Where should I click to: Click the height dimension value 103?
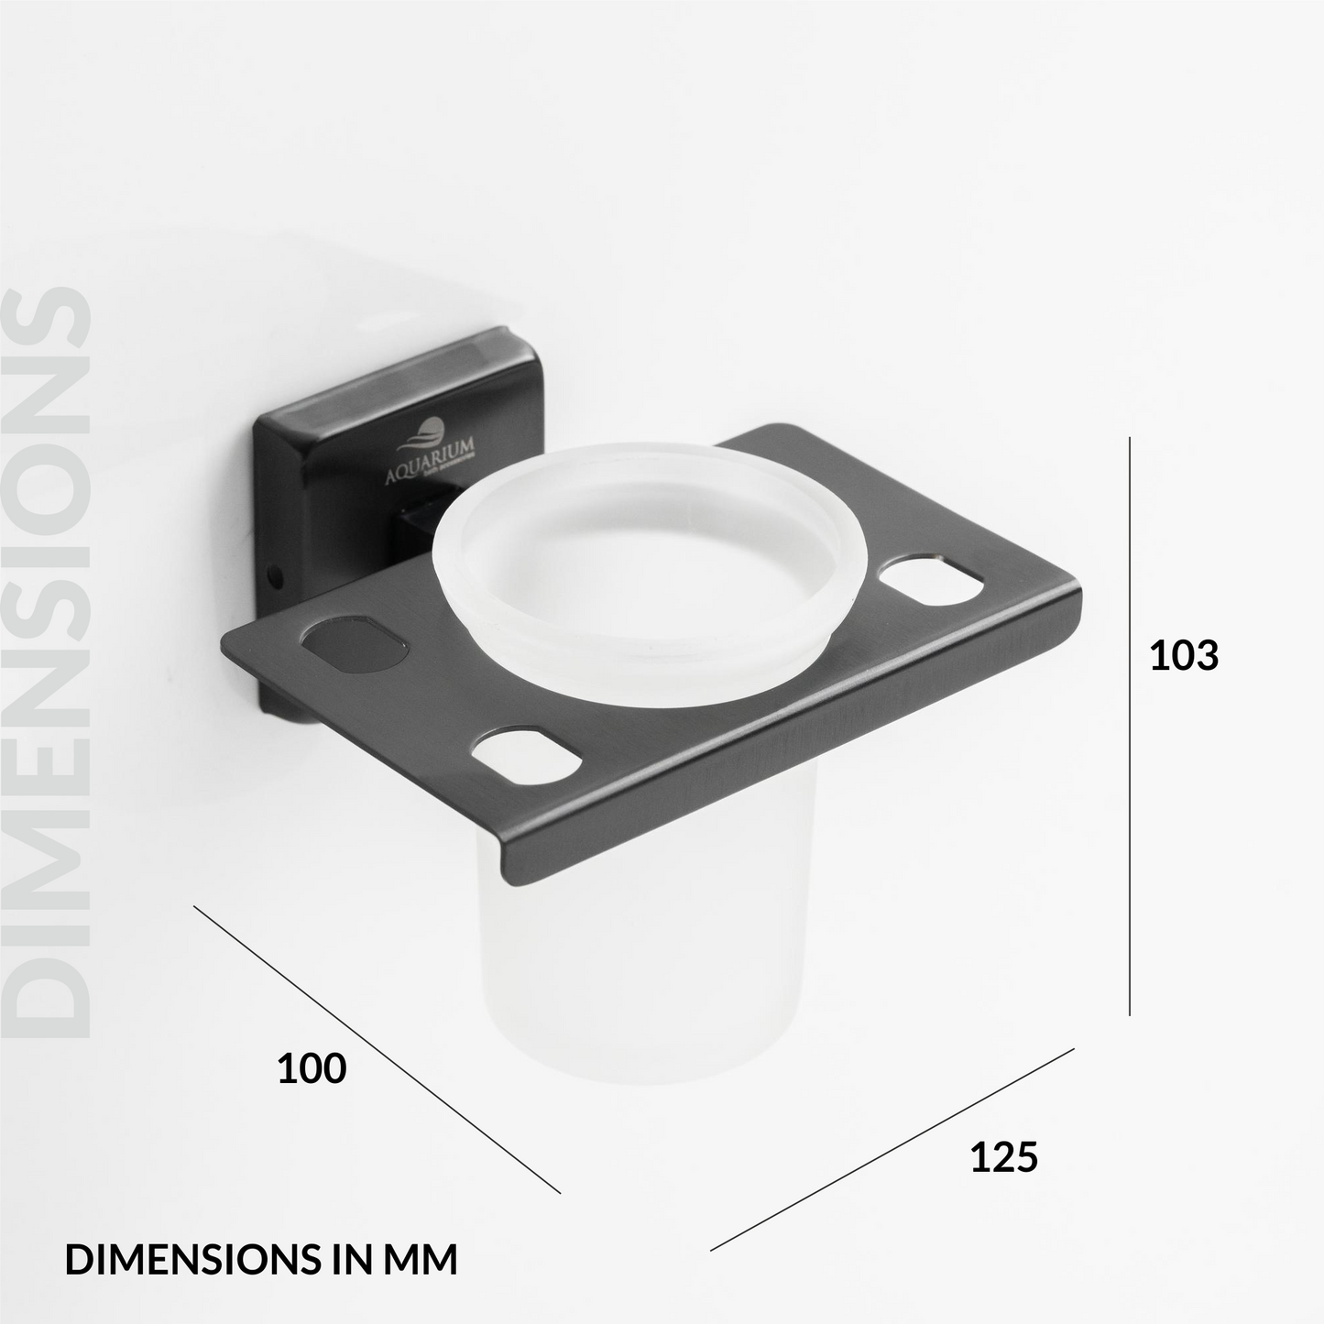1184,656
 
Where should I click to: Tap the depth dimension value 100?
312,1068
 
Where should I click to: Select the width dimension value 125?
1003,1157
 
